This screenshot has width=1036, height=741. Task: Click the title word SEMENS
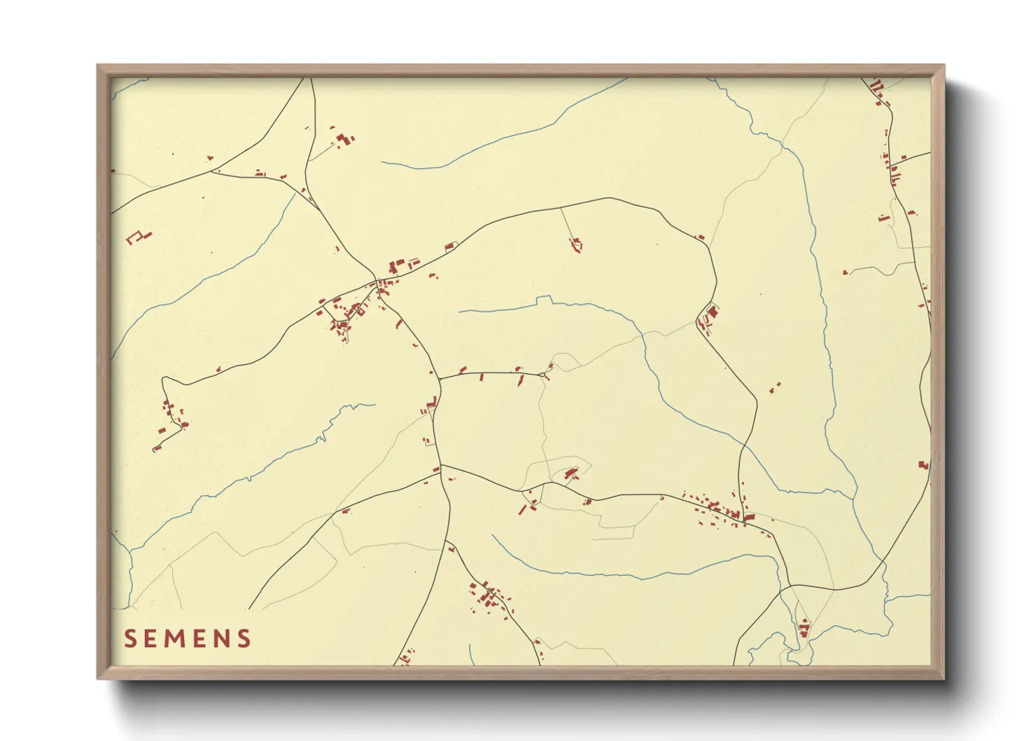tap(188, 638)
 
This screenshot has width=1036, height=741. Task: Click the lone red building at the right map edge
tap(923, 464)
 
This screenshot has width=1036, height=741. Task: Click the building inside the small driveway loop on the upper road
tap(449, 246)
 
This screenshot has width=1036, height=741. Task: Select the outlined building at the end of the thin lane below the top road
tap(577, 244)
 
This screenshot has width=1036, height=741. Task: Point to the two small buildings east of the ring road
tap(775, 387)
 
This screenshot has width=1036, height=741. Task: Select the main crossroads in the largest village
tap(378, 283)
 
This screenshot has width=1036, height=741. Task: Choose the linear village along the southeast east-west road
tap(721, 508)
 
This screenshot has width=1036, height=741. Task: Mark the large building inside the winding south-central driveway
tap(570, 473)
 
